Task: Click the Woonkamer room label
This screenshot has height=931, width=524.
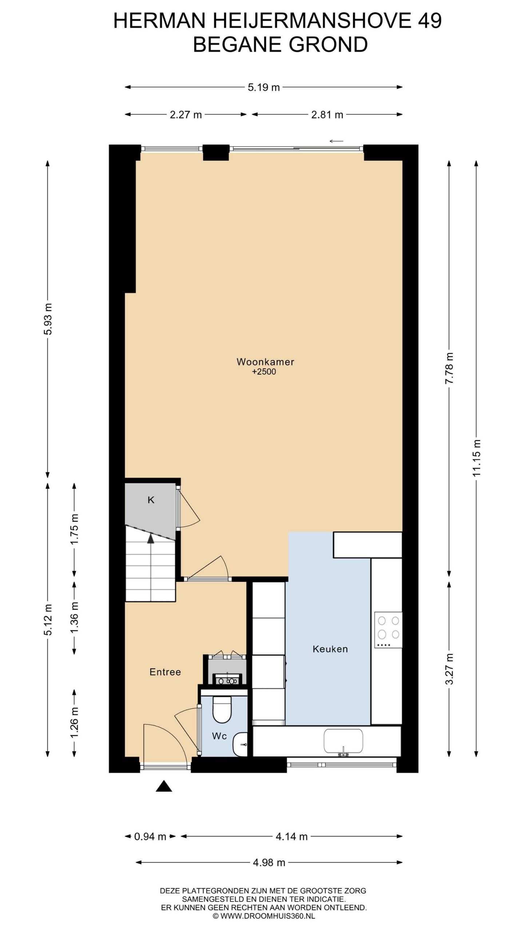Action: click(x=265, y=362)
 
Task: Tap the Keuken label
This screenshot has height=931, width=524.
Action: click(x=330, y=649)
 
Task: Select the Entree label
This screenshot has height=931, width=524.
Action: click(x=165, y=672)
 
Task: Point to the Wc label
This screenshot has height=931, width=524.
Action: click(x=219, y=736)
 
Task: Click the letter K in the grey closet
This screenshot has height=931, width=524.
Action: click(x=151, y=500)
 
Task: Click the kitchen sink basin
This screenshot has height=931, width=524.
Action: click(x=344, y=741)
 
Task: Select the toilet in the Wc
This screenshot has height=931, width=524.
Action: click(x=222, y=709)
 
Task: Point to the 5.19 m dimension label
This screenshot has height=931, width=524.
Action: click(x=264, y=87)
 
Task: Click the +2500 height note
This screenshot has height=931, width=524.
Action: click(x=264, y=372)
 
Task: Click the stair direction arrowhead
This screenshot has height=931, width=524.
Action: click(x=151, y=539)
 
